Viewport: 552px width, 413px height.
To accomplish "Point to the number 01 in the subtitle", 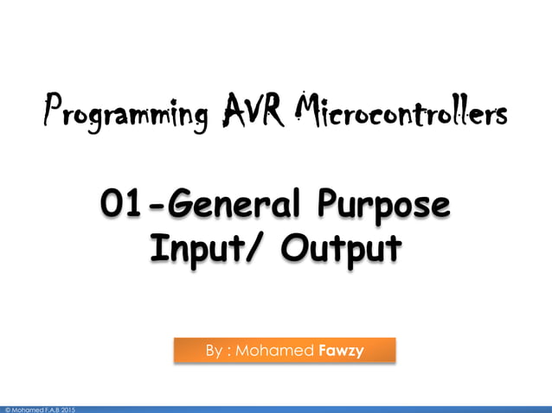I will pyautogui.click(x=119, y=205).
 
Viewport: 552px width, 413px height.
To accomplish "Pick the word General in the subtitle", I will pyautogui.click(x=228, y=205).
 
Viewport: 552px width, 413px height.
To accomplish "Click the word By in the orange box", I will pyautogui.click(x=214, y=352).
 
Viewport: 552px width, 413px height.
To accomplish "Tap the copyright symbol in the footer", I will pyautogui.click(x=6, y=409).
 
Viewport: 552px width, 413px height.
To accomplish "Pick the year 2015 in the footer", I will pyautogui.click(x=68, y=409).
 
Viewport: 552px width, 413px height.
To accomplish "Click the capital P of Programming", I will pyautogui.click(x=55, y=113).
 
